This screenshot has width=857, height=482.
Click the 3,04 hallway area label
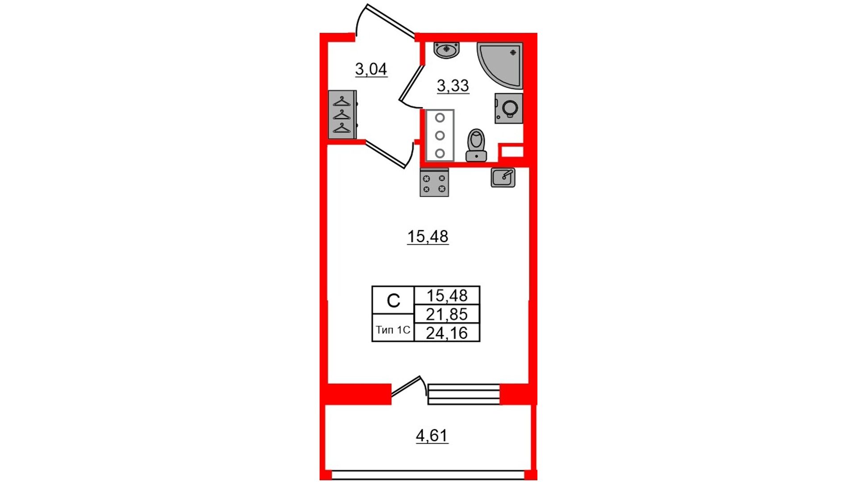click(x=371, y=69)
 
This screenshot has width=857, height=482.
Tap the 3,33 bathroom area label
click(x=453, y=85)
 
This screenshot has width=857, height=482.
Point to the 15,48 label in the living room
click(x=428, y=237)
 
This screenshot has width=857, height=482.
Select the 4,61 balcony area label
click(x=432, y=435)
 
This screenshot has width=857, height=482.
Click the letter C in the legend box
click(x=393, y=301)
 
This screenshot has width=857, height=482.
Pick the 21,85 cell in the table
click(x=447, y=314)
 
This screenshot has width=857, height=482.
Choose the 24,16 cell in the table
click(x=447, y=333)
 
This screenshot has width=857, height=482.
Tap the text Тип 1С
click(x=393, y=330)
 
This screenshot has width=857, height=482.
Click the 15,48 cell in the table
click(x=447, y=295)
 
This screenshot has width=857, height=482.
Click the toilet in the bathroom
click(x=476, y=145)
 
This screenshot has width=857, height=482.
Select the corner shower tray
click(x=500, y=65)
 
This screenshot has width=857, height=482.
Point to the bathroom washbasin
click(x=446, y=50)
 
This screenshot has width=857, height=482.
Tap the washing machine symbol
click(x=508, y=108)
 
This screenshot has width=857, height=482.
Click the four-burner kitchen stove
click(x=434, y=183)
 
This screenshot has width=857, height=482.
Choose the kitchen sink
click(x=503, y=177)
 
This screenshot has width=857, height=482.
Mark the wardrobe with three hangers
click(x=342, y=115)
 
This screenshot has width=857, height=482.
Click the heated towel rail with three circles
click(x=440, y=135)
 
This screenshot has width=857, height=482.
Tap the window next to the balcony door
click(x=464, y=394)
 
